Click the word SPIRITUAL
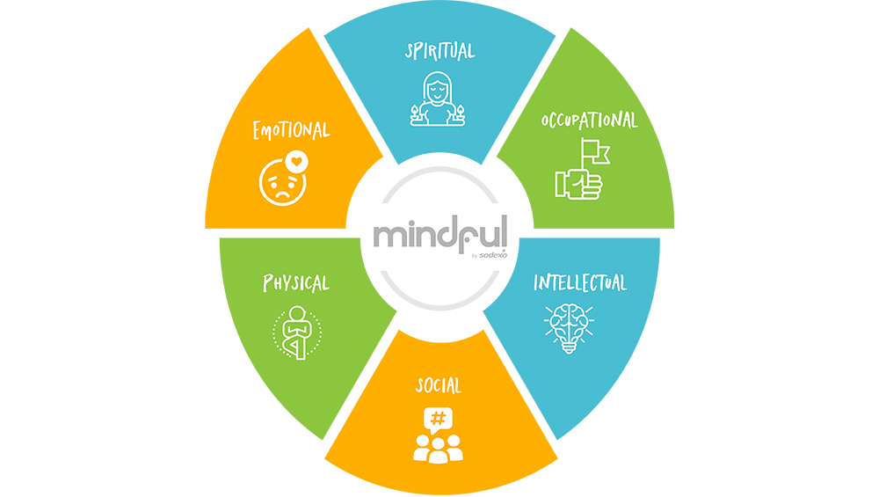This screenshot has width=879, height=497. click(439, 51)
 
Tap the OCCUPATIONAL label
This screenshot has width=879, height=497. click(589, 121)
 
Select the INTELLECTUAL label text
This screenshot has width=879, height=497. click(581, 283)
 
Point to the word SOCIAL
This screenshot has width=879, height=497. click(439, 386)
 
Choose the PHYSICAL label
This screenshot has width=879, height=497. click(296, 283)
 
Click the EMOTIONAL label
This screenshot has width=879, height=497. click(291, 131)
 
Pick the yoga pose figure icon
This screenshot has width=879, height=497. click(298, 333)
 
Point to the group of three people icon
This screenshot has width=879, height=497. click(438, 447)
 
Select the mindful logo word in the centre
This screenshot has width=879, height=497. click(439, 235)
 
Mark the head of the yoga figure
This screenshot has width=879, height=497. click(298, 312)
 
